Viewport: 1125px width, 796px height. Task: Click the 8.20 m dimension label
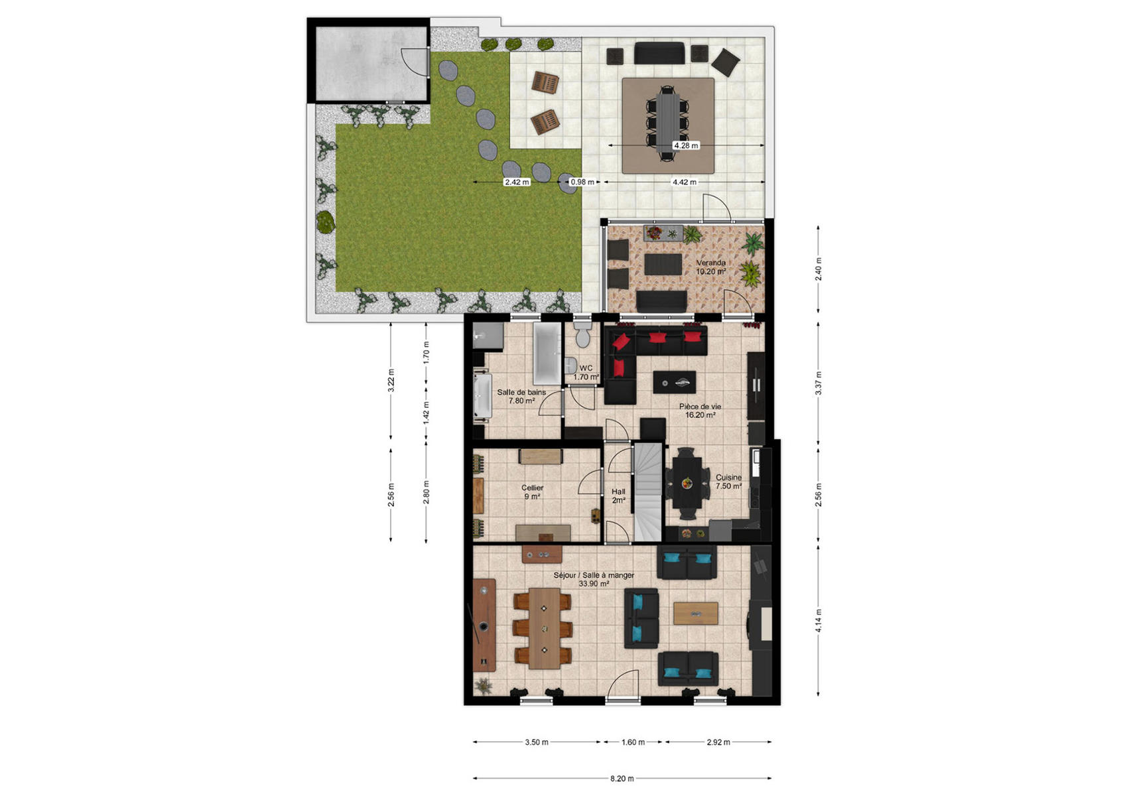point(622,779)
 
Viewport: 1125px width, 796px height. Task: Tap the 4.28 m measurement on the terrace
point(686,146)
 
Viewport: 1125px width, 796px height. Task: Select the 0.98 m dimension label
point(582,182)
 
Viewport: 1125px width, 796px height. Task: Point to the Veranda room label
point(710,263)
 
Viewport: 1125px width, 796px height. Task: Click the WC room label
point(586,368)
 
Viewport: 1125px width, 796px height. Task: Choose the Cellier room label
point(533,488)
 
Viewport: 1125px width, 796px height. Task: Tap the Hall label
point(618,492)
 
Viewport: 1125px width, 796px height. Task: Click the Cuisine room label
point(729,478)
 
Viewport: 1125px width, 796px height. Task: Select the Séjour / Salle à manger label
point(594,575)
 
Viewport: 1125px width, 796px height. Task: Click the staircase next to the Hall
point(648,492)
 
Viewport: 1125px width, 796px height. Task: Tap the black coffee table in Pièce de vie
point(675,382)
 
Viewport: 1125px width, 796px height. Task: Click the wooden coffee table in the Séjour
point(696,613)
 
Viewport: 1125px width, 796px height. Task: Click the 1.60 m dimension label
point(633,742)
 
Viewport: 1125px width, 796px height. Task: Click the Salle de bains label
point(521,392)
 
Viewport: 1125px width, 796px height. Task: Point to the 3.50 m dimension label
point(537,742)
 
